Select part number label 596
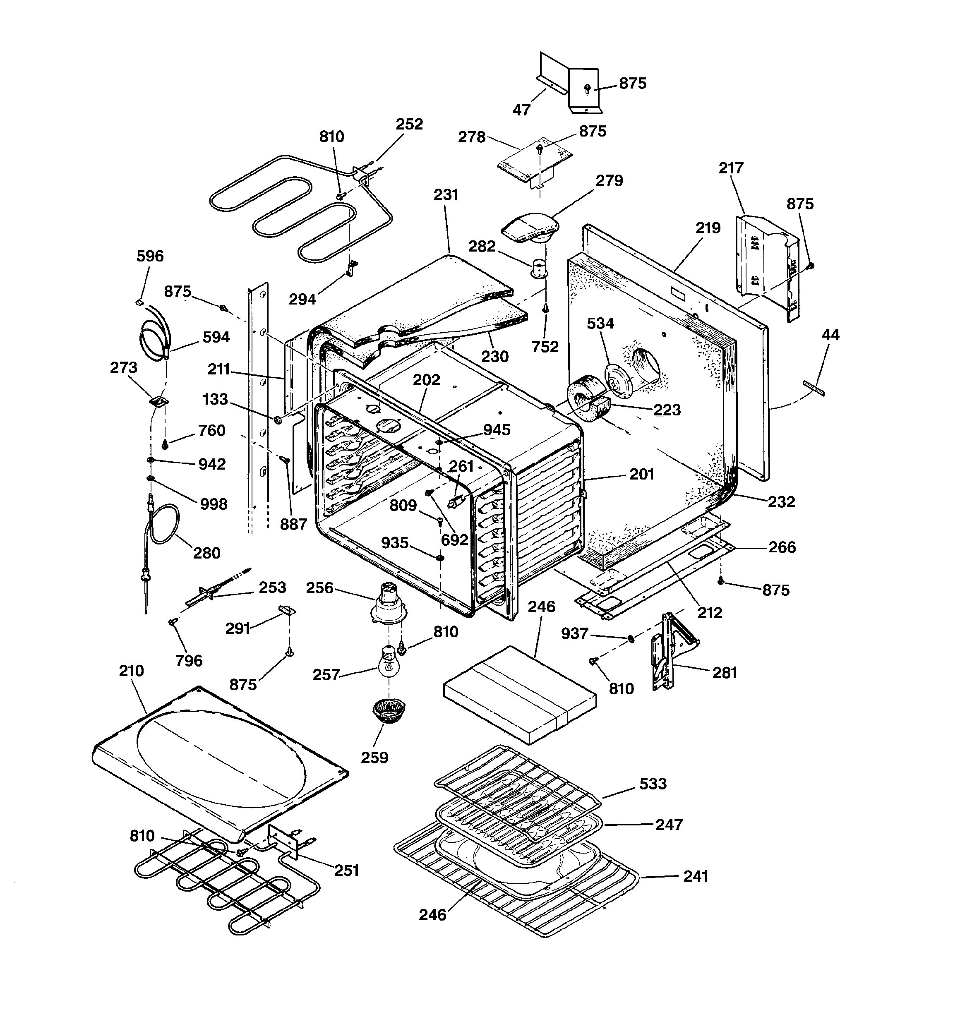[150, 256]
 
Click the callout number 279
[609, 181]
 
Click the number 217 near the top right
[731, 168]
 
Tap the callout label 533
[653, 784]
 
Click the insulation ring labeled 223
[588, 402]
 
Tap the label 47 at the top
[521, 110]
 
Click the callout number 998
[213, 504]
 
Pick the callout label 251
[346, 871]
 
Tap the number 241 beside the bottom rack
[696, 876]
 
